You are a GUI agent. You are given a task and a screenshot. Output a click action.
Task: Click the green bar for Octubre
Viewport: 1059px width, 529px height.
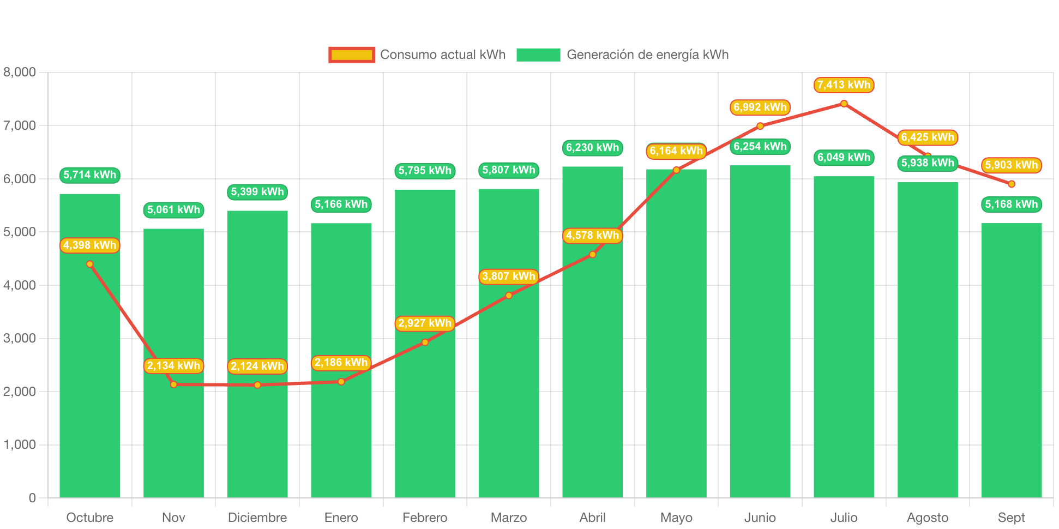90,382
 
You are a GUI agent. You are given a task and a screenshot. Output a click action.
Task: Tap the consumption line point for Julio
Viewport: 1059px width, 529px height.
844,104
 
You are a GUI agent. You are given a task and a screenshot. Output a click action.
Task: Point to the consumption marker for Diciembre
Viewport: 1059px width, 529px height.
257,385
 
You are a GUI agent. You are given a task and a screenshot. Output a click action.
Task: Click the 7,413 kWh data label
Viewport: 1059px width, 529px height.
844,85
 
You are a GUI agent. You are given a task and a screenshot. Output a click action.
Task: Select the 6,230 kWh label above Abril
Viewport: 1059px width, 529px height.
592,148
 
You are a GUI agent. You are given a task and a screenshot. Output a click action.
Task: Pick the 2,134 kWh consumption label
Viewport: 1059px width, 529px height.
173,366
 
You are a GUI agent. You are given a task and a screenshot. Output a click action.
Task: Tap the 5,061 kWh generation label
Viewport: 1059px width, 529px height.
173,210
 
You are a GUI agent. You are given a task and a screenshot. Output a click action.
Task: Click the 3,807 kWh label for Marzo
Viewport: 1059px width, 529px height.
509,276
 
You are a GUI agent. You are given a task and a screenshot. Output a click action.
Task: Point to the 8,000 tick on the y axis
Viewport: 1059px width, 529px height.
20,72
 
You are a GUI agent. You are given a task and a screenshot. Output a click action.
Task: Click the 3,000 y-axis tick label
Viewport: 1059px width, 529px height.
20,338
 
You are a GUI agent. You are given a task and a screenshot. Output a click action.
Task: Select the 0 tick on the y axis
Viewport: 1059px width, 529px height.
32,497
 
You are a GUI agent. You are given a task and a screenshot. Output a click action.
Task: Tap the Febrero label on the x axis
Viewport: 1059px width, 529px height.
425,517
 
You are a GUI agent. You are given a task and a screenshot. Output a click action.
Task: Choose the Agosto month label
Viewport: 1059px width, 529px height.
927,517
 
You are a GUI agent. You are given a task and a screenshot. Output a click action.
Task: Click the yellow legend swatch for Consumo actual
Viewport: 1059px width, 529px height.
352,55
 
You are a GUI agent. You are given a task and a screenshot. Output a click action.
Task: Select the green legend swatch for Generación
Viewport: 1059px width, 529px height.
538,55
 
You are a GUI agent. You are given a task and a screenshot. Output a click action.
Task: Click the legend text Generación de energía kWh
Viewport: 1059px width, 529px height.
647,55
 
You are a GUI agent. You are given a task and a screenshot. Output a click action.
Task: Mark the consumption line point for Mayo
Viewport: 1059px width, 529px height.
676,170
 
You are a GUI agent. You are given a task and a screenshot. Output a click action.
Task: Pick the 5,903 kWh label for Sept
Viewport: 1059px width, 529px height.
1011,165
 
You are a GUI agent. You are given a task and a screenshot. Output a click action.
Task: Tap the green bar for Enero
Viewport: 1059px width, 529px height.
341,436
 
